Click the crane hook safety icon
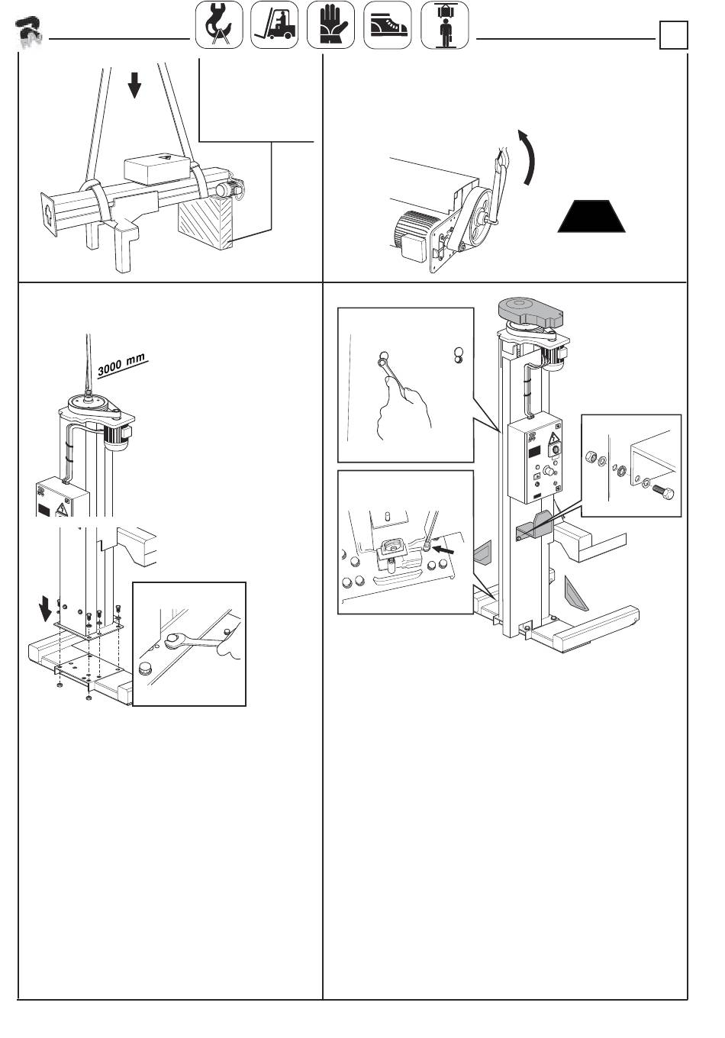point(219,25)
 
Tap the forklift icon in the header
point(274,25)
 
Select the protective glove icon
point(330,25)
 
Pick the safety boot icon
point(387,25)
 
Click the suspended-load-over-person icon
point(444,25)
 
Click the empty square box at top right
point(673,35)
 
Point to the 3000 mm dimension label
point(122,365)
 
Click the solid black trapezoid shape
point(591,216)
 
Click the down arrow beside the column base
point(45,608)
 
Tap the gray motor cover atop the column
point(530,311)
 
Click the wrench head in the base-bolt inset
point(172,641)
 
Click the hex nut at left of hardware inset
point(591,457)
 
